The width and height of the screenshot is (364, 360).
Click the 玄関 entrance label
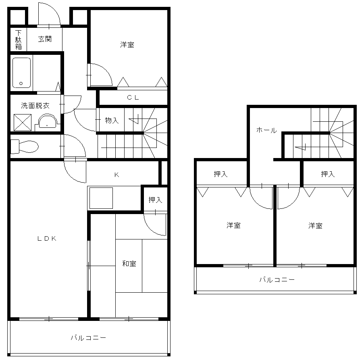(44, 39)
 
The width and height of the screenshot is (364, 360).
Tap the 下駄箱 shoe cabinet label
(18, 40)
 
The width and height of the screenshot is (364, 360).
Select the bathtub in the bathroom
(21, 73)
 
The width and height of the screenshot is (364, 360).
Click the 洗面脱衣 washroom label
(35, 106)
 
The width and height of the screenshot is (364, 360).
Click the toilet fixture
(24, 146)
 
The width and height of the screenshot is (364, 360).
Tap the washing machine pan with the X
(23, 123)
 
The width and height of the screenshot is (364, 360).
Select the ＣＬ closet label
(133, 97)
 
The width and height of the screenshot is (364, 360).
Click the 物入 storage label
(112, 120)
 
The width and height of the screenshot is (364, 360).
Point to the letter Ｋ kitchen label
(116, 175)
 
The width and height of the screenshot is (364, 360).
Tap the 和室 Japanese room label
(129, 264)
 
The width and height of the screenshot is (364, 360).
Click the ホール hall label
(266, 130)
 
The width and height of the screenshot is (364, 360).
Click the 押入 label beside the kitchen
(155, 200)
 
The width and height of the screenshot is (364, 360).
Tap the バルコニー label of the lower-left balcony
(88, 338)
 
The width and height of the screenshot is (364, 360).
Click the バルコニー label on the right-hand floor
(277, 279)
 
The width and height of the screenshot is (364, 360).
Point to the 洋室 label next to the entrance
(127, 45)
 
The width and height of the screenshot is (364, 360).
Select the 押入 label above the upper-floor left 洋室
(220, 174)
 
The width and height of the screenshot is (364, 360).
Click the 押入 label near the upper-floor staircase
(328, 174)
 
